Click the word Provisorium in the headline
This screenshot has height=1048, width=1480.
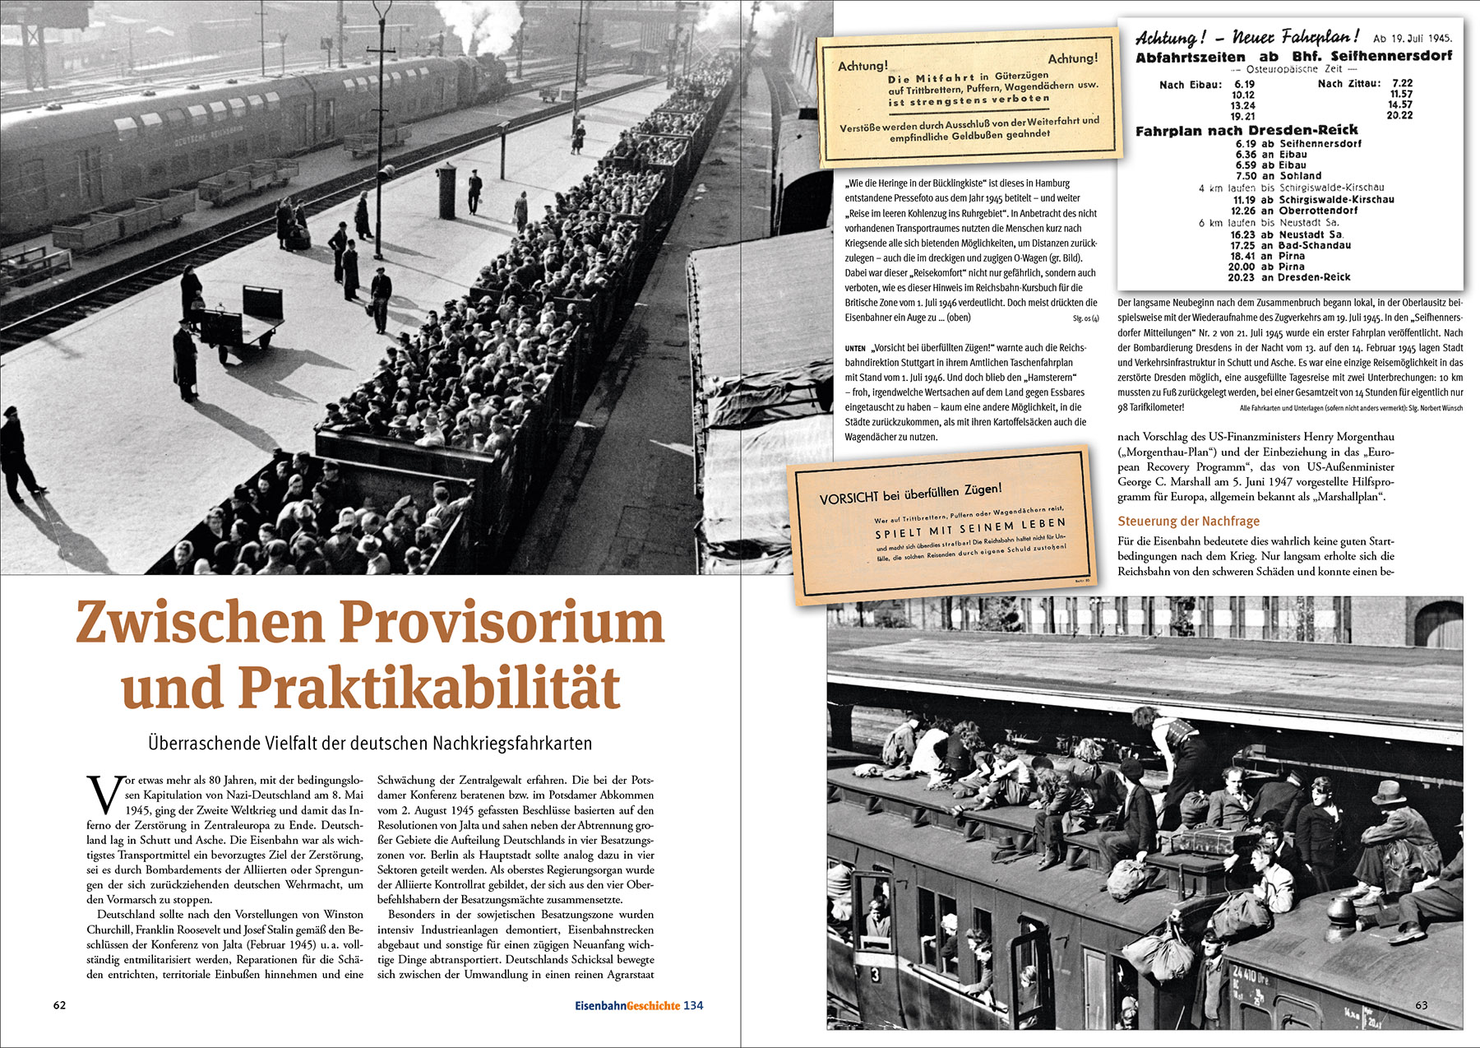(502, 623)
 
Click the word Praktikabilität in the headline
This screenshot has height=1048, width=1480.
(428, 688)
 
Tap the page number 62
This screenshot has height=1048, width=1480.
(59, 1005)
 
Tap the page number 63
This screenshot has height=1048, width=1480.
(1422, 1005)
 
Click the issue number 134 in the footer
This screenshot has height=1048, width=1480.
(693, 1005)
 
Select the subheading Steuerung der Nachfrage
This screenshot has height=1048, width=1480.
(1188, 521)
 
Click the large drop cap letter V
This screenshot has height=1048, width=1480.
(104, 795)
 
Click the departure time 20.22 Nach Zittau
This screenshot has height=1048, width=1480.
(1399, 115)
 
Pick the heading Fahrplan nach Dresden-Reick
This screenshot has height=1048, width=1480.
(1246, 130)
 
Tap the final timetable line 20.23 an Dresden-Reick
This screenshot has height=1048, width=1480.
(1289, 277)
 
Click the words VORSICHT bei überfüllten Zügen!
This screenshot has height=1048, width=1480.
(910, 493)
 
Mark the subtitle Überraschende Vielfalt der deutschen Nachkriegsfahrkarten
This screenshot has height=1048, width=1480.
(370, 743)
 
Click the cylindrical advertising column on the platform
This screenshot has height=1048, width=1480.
(446, 190)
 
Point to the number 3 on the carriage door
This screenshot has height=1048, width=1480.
(875, 974)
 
